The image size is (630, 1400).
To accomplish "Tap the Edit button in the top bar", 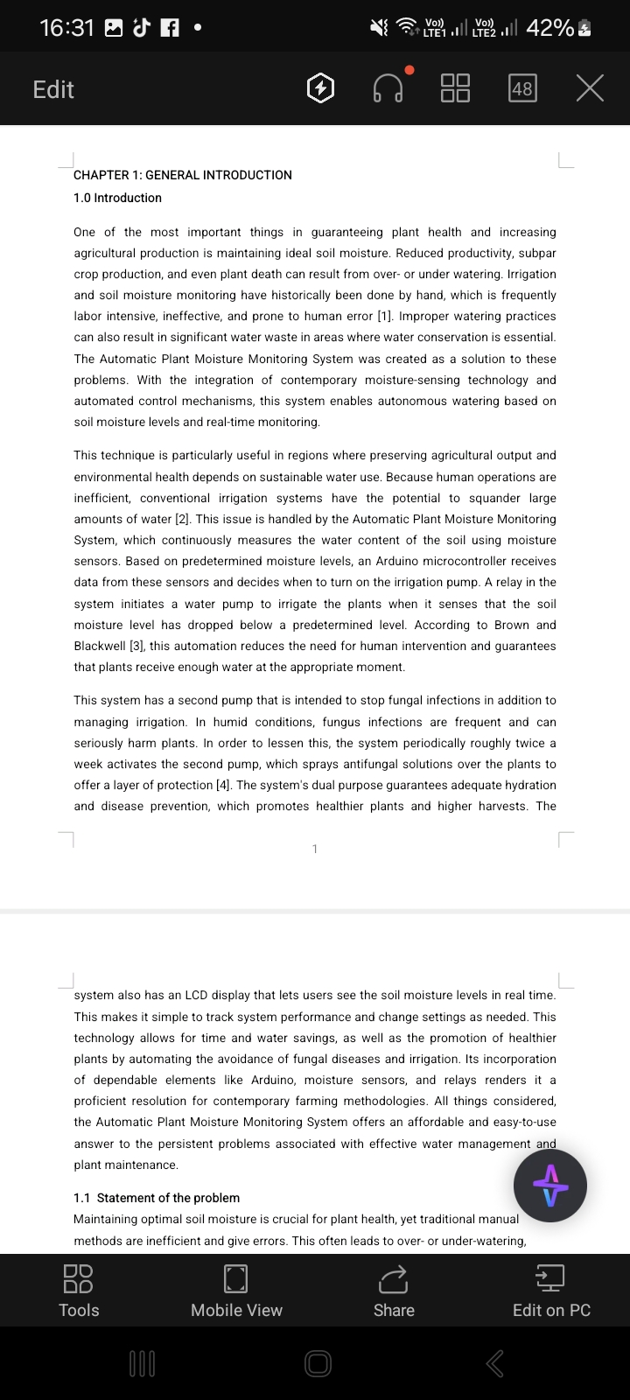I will tap(53, 89).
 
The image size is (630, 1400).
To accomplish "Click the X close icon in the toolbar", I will tap(591, 88).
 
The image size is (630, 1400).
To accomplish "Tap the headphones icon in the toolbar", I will tap(388, 88).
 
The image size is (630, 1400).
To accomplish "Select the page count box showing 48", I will tap(522, 88).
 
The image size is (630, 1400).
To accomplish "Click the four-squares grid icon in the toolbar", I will tap(455, 88).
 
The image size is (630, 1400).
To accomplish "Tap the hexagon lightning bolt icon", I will tap(321, 88).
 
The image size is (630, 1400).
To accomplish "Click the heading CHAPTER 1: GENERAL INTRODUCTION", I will tap(183, 175).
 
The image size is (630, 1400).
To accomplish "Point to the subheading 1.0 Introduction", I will tap(117, 198).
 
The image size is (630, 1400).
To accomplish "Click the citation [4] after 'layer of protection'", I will tap(224, 785).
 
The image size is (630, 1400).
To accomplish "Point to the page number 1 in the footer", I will tap(315, 849).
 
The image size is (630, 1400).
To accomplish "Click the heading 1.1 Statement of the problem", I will tap(157, 1198).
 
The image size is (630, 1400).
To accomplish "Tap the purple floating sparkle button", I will tap(550, 1186).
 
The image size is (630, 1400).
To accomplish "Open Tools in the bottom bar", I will tap(79, 1291).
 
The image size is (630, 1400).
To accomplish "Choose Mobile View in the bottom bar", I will tap(236, 1291).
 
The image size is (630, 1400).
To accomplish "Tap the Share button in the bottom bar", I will tap(394, 1291).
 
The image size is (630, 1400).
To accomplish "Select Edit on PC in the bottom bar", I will tap(551, 1291).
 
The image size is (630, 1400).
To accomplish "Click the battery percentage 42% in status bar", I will tap(549, 28).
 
